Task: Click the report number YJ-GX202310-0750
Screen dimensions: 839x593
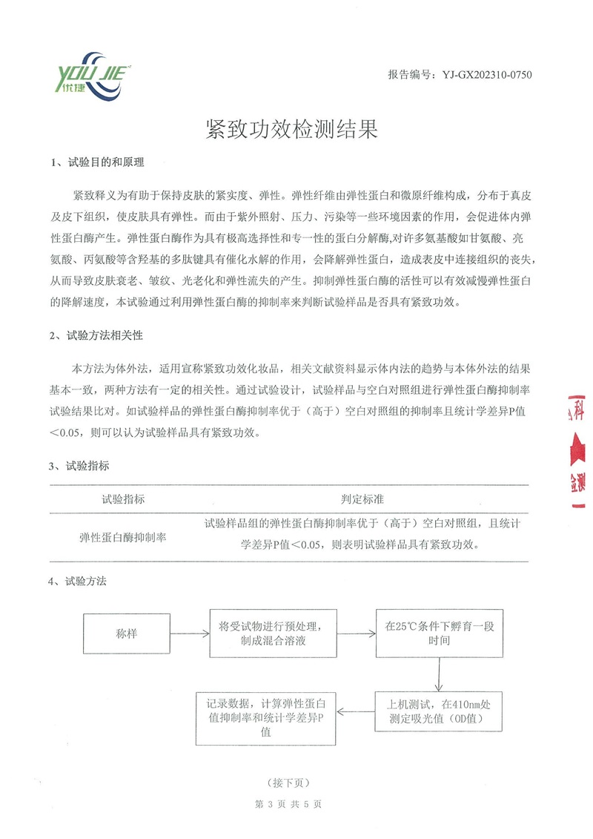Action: pos(460,75)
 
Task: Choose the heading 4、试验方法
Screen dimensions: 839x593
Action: pos(79,582)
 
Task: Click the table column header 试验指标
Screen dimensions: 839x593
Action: pos(123,499)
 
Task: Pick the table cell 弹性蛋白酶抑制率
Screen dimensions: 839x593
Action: pos(123,537)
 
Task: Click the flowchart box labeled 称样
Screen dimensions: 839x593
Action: pos(127,634)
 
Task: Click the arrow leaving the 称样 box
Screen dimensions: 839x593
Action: pos(189,634)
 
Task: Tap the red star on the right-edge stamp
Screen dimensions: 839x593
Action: pos(577,448)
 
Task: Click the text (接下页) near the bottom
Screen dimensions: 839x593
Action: pos(286,783)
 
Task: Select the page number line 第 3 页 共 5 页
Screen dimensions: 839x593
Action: pos(287,803)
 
